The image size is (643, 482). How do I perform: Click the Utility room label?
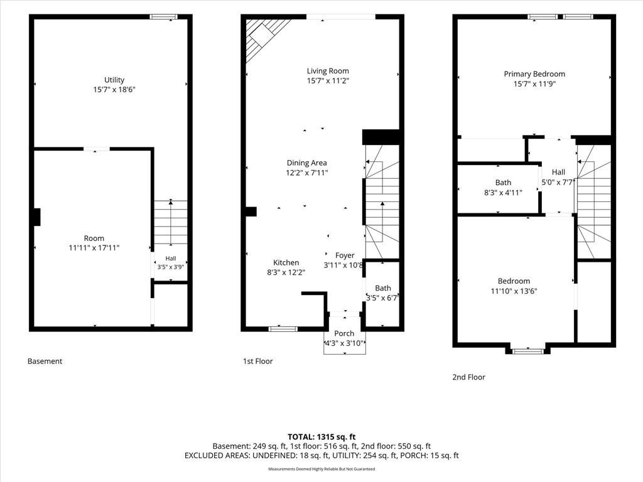pos(114,80)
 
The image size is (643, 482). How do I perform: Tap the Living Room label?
pos(328,71)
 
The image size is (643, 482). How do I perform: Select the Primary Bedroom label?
pos(534,74)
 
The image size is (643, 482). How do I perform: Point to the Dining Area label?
pos(306,163)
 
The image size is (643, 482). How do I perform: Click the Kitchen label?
pos(286,263)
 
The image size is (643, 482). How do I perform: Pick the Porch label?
pos(344,333)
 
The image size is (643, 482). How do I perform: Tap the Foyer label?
pos(345,255)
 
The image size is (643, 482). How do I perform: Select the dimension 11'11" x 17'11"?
pos(94,247)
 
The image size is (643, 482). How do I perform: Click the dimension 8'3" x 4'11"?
pos(503,192)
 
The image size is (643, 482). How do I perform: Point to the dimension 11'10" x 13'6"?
pos(514,291)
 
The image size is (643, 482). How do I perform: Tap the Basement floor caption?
pos(45,361)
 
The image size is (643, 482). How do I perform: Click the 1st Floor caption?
pos(257,361)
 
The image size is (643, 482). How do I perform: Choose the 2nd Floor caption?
pos(468,377)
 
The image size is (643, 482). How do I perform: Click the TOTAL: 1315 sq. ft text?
pos(321,437)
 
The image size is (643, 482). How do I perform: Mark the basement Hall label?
pos(171,258)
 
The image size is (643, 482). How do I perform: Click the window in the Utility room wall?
pos(163,17)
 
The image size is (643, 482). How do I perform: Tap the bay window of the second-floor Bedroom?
pos(528,351)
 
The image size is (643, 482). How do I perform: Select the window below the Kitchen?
pos(283,328)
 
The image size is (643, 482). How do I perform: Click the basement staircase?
pos(171,223)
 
